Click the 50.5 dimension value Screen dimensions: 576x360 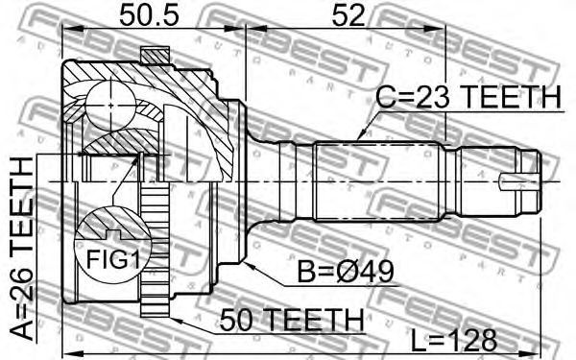[149, 16]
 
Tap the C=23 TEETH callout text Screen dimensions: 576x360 [468, 97]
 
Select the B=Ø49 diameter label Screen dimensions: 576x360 [346, 272]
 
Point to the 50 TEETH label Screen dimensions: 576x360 [292, 320]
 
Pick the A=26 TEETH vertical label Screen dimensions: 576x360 [21, 249]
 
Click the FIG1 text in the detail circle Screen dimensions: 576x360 [113, 260]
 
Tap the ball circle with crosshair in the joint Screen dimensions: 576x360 [110, 106]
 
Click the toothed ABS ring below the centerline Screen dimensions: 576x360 [155, 249]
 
